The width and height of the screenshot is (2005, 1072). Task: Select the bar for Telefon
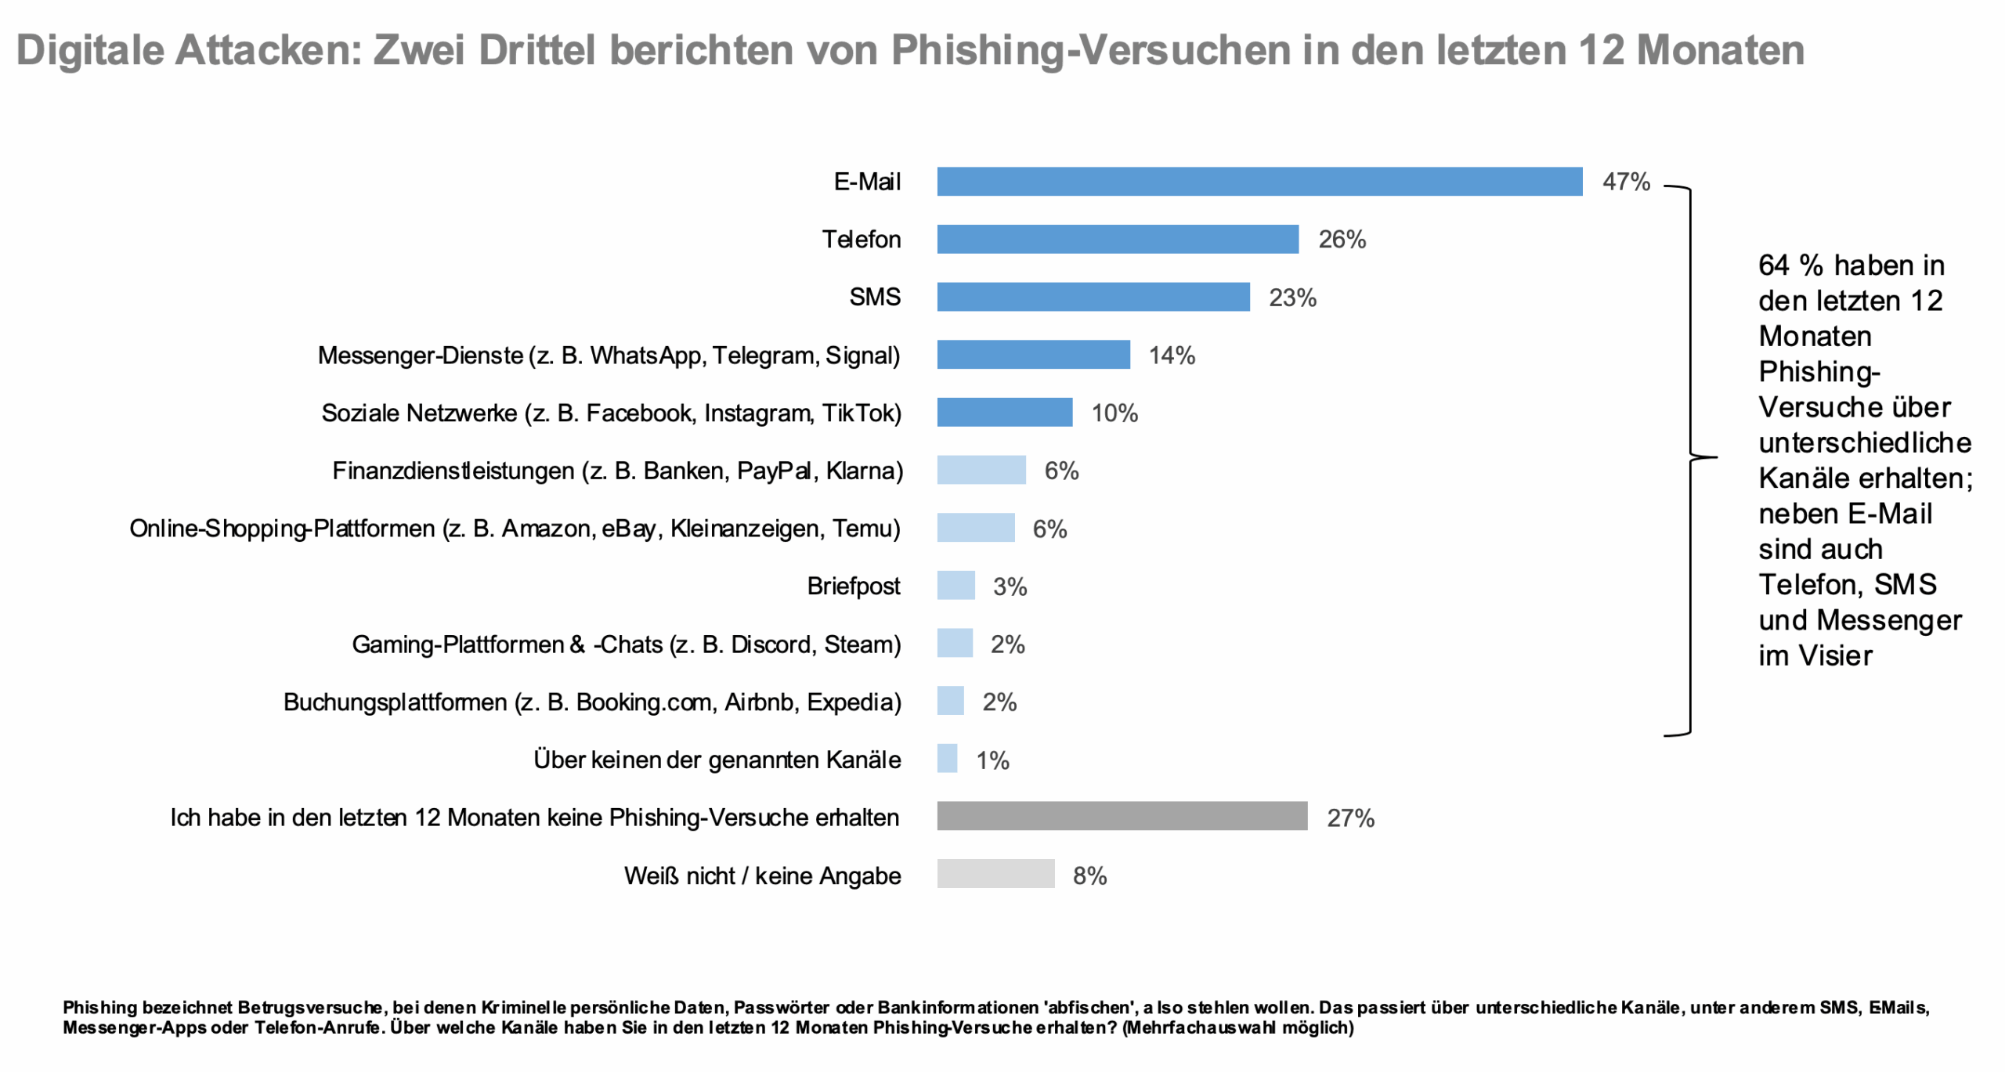[1116, 239]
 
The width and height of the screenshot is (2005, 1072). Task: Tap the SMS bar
[1092, 297]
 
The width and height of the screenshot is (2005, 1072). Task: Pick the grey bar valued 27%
[1121, 816]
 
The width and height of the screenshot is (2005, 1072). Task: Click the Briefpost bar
[955, 585]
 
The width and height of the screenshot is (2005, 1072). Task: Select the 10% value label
[1113, 413]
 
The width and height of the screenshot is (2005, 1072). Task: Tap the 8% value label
[1088, 875]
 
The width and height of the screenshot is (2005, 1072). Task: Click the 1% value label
[991, 760]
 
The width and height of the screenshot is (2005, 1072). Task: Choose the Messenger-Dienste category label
[608, 356]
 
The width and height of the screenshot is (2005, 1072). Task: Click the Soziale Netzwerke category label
[610, 413]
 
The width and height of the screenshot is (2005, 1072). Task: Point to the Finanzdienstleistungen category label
[616, 471]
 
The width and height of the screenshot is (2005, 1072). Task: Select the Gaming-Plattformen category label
[625, 644]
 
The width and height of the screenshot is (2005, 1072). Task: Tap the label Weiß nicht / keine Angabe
[761, 875]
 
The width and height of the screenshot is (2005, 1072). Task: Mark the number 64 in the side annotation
[1773, 265]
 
